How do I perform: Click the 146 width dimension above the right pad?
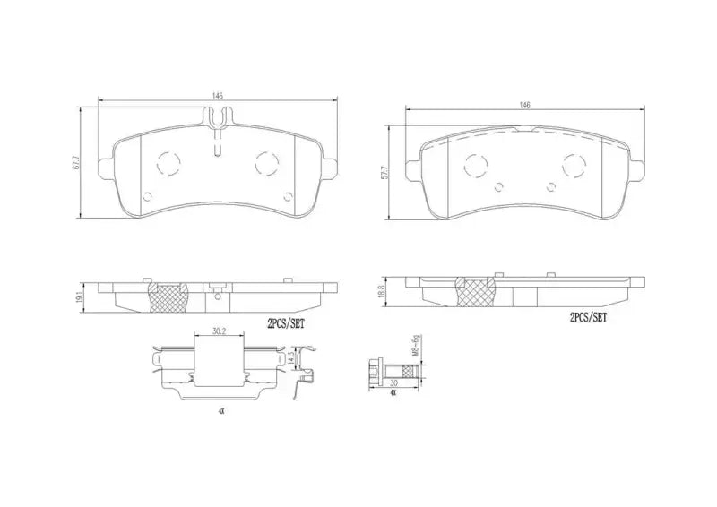point(524,105)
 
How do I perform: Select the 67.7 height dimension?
point(77,163)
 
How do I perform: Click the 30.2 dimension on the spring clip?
point(219,331)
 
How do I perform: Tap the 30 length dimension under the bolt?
point(393,382)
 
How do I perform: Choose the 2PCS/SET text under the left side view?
point(287,326)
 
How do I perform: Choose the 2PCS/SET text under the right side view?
point(588,318)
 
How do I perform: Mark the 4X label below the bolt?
point(393,392)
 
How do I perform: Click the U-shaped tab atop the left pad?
point(218,116)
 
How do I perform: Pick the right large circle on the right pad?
point(573,165)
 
